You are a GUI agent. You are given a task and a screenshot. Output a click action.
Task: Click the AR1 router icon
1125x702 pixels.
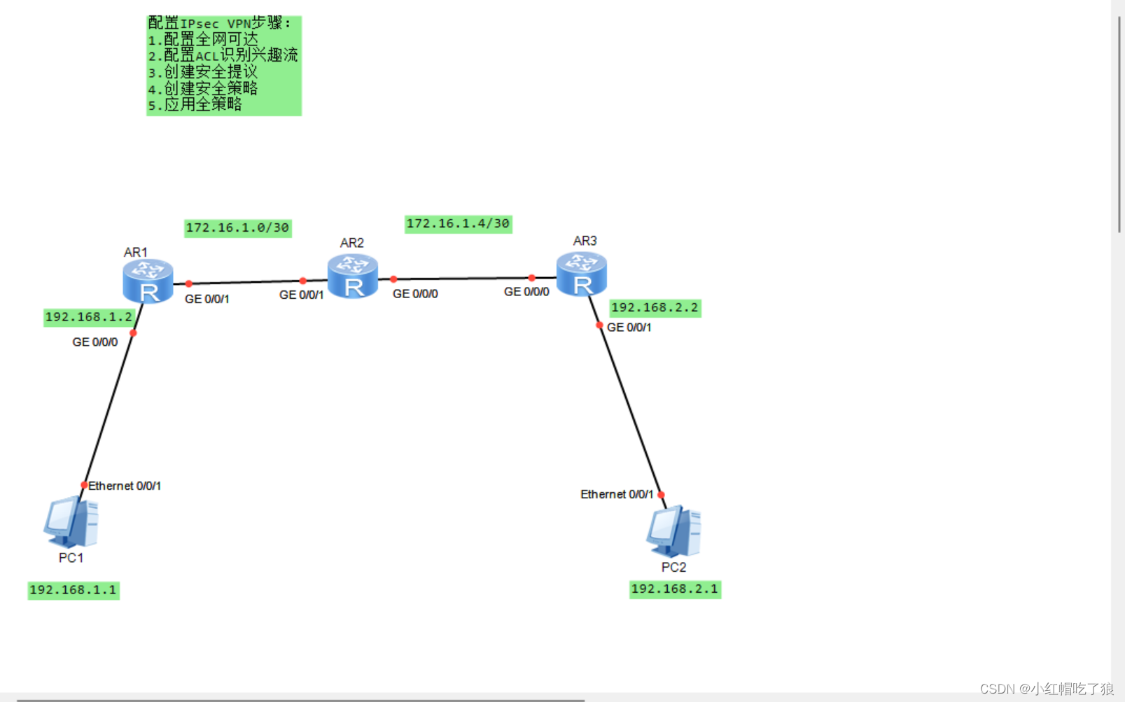(x=148, y=281)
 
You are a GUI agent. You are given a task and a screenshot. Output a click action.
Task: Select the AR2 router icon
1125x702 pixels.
(x=353, y=276)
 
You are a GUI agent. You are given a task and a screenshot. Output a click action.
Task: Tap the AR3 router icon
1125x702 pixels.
(x=582, y=274)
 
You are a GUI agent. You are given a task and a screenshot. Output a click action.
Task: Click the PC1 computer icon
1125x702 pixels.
(x=71, y=521)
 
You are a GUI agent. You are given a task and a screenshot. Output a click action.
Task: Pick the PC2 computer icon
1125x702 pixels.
(x=673, y=532)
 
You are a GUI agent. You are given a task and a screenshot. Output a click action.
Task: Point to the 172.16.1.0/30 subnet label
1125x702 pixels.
(x=237, y=228)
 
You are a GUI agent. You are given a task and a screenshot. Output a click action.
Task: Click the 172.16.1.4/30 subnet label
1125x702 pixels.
(x=458, y=224)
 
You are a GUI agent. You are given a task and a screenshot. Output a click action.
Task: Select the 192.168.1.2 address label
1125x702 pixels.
(x=88, y=318)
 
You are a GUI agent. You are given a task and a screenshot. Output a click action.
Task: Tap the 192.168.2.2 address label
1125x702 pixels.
(x=655, y=308)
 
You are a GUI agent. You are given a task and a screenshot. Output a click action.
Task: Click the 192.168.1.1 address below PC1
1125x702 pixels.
(x=73, y=590)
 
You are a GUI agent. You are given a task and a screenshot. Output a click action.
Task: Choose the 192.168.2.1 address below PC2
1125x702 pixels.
(x=674, y=589)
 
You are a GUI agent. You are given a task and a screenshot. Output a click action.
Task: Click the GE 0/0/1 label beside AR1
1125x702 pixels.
(x=207, y=299)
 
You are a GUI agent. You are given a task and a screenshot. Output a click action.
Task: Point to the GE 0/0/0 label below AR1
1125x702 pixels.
(x=95, y=342)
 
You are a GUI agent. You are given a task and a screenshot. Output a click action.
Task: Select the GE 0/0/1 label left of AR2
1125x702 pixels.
(x=301, y=295)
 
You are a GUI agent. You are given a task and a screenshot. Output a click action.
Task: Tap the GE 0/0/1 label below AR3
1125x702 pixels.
(x=629, y=328)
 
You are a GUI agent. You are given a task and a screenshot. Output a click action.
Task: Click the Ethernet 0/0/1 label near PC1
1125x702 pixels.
(x=125, y=486)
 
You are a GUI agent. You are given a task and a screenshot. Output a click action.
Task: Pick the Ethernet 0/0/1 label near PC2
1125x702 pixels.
(x=616, y=495)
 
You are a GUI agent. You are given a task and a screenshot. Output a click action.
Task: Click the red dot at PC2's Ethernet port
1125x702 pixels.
(x=661, y=495)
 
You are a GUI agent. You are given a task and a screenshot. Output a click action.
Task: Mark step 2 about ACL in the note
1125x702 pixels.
(x=223, y=55)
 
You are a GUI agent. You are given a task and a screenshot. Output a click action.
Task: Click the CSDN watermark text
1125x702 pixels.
(x=1046, y=689)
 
